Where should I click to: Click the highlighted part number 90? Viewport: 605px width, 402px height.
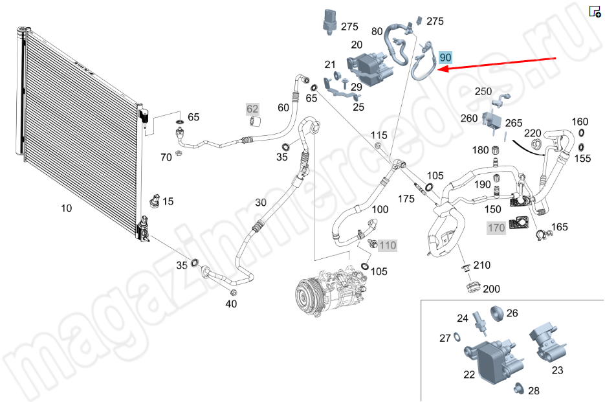[445, 58]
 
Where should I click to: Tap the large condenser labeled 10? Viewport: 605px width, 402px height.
[78, 129]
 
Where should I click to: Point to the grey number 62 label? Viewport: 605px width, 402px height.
[252, 108]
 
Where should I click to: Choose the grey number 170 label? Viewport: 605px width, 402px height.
[496, 228]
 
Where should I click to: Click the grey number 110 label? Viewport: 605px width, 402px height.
[387, 245]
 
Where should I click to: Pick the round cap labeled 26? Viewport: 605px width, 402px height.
[496, 315]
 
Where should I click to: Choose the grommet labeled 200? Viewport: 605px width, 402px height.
[473, 286]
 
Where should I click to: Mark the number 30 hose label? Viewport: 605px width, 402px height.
[260, 202]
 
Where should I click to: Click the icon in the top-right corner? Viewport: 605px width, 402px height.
[595, 11]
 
